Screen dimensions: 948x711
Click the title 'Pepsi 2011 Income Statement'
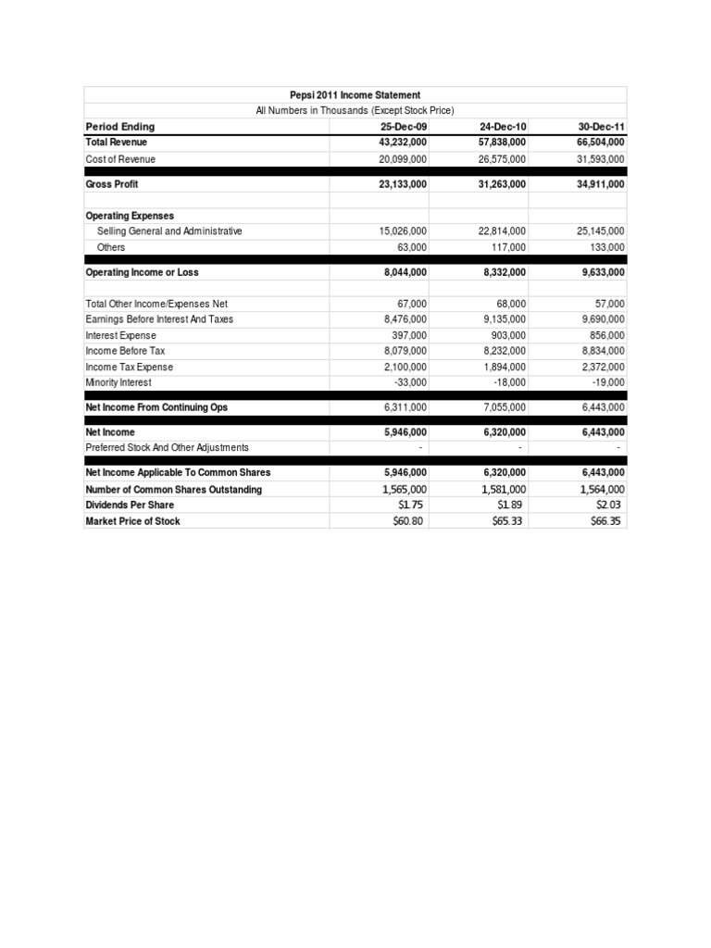pos(355,94)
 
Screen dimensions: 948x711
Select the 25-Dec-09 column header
pos(404,127)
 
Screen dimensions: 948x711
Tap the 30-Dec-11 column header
pos(602,127)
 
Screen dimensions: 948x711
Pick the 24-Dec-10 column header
pos(503,127)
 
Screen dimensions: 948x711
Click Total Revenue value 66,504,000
pos(593,143)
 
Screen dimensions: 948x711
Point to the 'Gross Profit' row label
pos(112,184)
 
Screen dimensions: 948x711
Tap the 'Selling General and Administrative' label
pos(169,231)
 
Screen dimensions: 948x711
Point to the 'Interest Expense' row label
pos(120,335)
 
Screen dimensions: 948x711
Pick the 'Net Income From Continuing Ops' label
pos(156,407)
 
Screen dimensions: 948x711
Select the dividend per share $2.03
pos(608,505)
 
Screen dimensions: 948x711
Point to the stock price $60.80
pos(410,521)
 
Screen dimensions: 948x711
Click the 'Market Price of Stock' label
pos(132,521)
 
